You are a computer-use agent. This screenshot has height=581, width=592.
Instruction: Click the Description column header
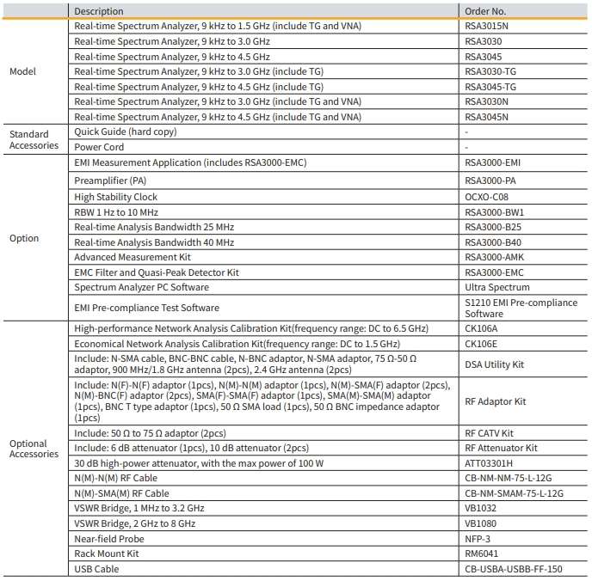click(x=99, y=11)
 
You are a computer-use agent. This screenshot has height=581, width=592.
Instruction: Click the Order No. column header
click(x=485, y=11)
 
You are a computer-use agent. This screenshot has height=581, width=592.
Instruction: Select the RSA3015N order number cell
click(x=487, y=26)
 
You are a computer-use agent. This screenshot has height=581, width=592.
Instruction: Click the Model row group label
click(x=22, y=71)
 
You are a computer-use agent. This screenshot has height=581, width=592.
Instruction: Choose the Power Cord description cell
click(x=99, y=147)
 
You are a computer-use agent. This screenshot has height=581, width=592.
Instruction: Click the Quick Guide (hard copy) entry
click(x=126, y=132)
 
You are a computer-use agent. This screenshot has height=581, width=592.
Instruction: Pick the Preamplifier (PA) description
click(x=114, y=180)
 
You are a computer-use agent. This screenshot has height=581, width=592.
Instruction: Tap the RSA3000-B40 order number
click(x=494, y=242)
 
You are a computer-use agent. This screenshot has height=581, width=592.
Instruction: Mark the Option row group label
click(x=24, y=238)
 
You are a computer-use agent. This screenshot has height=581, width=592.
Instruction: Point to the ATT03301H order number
click(x=489, y=463)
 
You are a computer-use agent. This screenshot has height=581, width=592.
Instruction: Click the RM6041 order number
click(x=480, y=553)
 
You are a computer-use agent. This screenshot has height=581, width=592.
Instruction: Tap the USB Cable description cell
click(x=96, y=569)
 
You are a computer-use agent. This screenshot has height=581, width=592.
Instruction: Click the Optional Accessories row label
click(x=34, y=449)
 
